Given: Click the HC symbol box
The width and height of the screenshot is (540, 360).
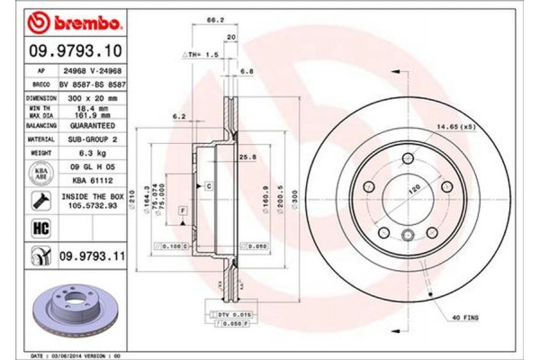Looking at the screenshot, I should (40, 229).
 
